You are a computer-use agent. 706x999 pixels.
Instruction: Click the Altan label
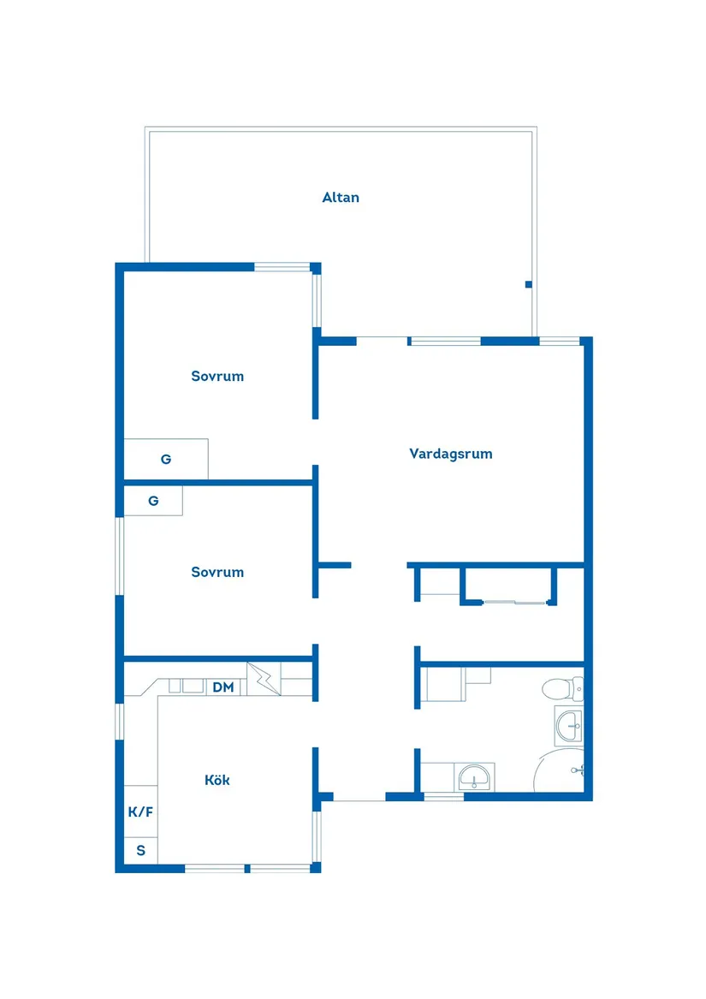[x=341, y=198]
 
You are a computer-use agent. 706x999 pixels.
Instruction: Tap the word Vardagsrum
[x=451, y=454]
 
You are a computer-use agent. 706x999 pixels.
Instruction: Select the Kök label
[x=217, y=780]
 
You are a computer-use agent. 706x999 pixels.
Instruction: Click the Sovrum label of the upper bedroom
[x=217, y=376]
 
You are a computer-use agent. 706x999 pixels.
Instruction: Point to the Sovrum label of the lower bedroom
[x=217, y=572]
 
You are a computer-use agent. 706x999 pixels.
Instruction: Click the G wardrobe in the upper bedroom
[x=166, y=459]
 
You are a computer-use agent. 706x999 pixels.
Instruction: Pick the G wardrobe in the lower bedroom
[x=153, y=501]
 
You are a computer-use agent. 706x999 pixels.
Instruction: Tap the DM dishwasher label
[x=223, y=687]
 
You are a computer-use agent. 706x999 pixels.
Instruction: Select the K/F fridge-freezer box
[x=141, y=812]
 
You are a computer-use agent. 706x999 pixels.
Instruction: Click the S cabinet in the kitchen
[x=141, y=851]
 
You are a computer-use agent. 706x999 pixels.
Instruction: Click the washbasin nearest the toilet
[x=569, y=727]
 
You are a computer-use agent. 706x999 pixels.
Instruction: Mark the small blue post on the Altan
[x=529, y=284]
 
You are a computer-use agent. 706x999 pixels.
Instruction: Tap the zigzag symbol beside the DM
[x=264, y=679]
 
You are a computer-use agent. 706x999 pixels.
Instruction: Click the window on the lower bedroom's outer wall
[x=120, y=556]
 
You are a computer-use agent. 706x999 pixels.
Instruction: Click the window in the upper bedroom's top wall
[x=282, y=267]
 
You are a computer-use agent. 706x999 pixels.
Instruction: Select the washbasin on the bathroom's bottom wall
[x=474, y=777]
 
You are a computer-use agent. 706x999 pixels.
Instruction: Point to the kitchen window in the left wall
[x=120, y=721]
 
